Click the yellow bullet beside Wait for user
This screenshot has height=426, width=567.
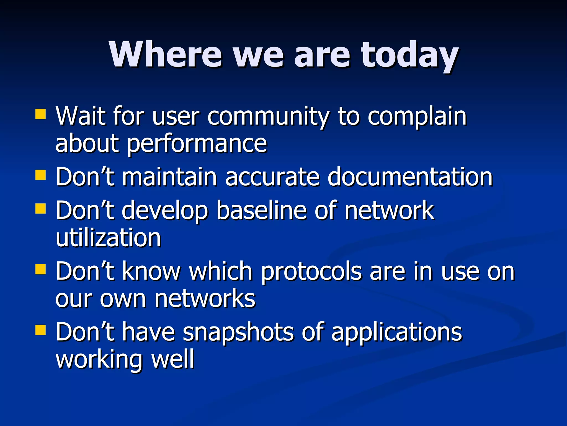pos(41,114)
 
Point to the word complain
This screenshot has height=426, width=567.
pos(417,116)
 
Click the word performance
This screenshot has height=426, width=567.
pos(197,144)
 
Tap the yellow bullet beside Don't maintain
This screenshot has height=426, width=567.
pos(41,175)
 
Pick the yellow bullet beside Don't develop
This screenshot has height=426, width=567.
pos(41,209)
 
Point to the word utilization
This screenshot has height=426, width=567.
pos(108,238)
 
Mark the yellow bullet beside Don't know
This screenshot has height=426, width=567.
pos(41,269)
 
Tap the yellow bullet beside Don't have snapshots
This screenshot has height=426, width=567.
pos(41,330)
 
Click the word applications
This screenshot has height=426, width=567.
pos(396,332)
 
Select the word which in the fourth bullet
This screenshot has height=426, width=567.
pos(221,271)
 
